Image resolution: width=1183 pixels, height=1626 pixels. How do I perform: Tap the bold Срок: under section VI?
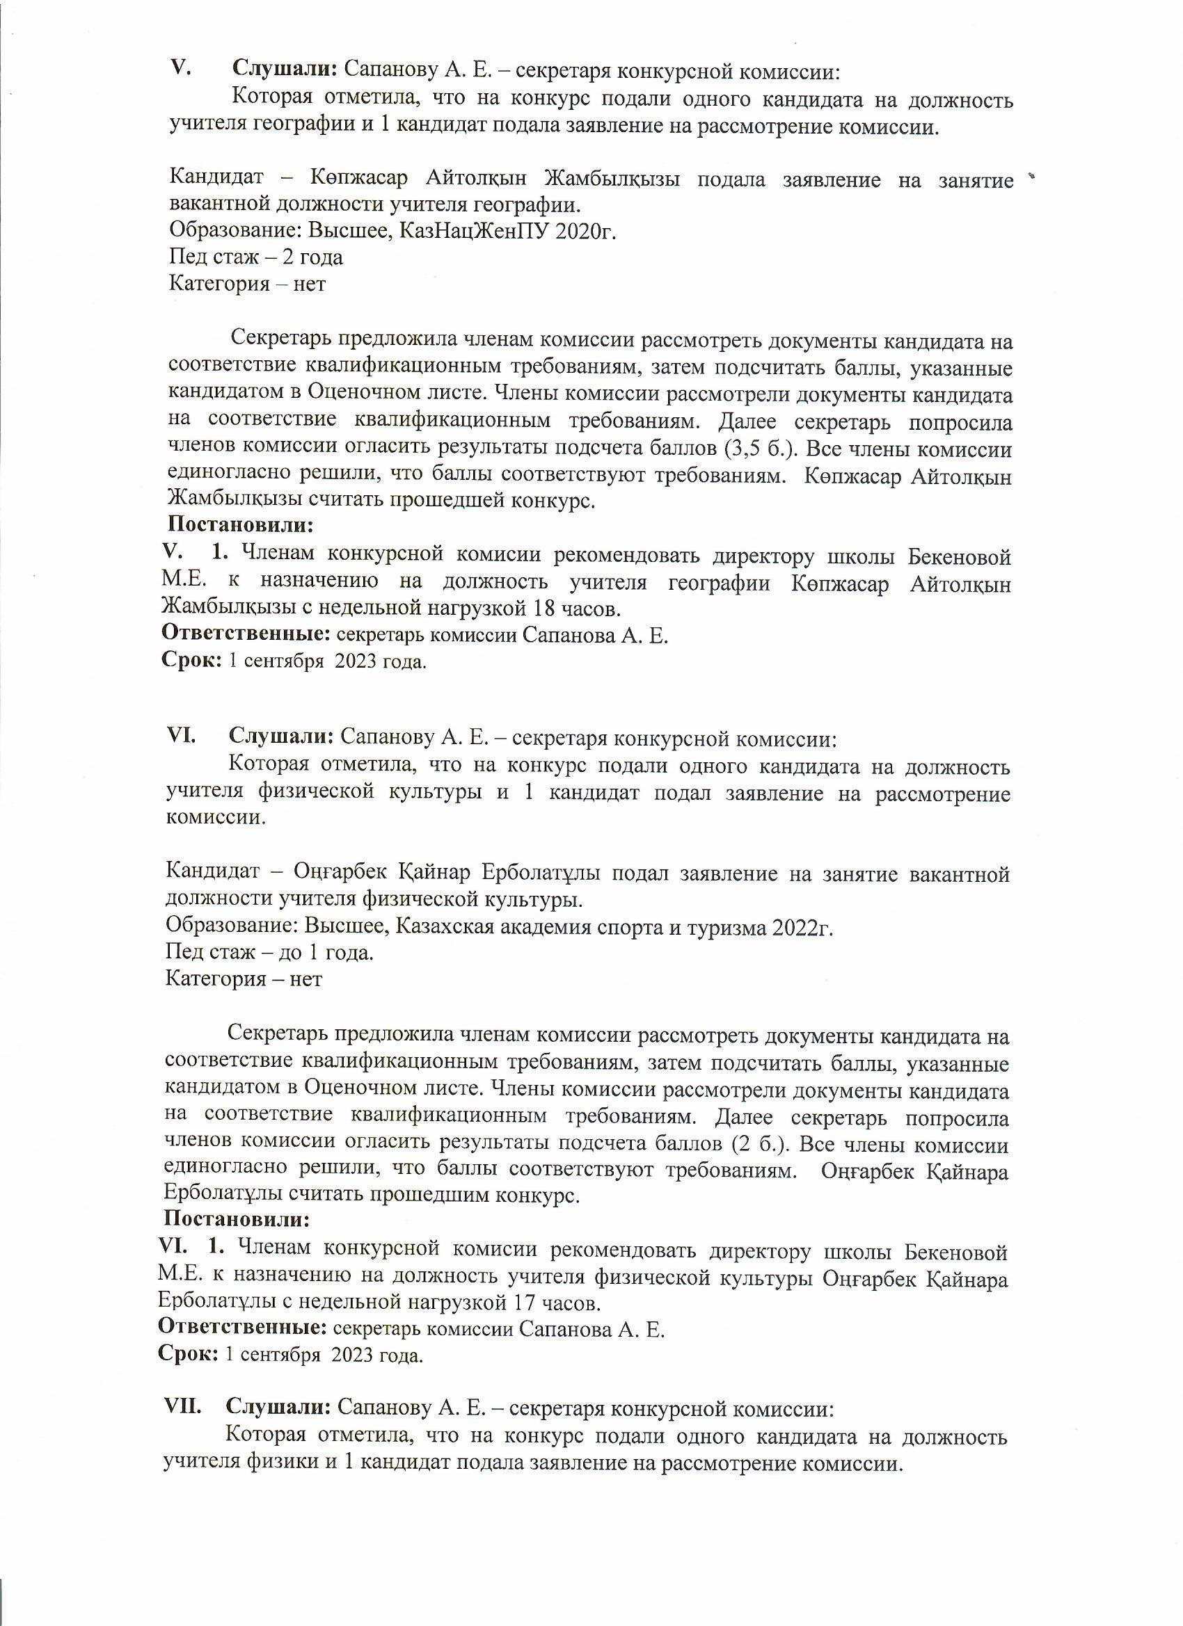click(x=188, y=1356)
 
